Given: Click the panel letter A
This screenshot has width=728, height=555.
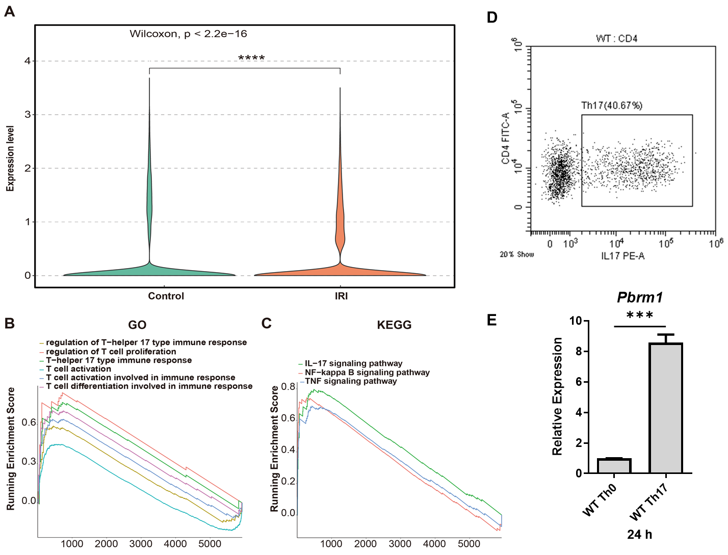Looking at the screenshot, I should click(9, 11).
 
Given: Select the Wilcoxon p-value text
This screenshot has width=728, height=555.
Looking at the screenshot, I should click(188, 34).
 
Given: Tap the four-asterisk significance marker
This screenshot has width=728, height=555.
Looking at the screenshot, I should click(251, 58).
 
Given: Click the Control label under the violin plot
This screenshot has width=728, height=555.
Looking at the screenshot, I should click(166, 296).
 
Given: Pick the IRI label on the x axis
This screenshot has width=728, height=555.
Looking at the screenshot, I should click(341, 296).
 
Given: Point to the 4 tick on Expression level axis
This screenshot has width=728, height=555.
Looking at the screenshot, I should click(28, 61).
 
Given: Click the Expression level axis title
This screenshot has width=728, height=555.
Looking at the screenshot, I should click(10, 158).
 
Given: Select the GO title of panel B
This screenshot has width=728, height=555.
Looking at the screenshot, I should click(137, 325).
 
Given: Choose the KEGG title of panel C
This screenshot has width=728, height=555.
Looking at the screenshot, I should click(394, 325).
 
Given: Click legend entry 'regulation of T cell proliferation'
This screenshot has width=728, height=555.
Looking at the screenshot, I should click(111, 352).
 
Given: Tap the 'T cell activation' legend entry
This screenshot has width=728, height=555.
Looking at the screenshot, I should click(79, 369).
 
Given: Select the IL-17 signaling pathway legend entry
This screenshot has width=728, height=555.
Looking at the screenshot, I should click(353, 364).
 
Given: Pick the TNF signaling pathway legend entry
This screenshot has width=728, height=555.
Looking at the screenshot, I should click(351, 381).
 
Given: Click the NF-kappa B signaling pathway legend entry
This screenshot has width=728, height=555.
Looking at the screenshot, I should click(367, 373).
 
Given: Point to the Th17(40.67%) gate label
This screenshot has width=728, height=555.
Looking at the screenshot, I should click(612, 106).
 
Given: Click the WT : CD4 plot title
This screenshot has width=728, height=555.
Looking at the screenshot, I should click(616, 39).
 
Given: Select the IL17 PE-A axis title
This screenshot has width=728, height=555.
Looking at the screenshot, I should click(622, 256).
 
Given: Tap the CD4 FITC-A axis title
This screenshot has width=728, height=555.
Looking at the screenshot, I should click(506, 139).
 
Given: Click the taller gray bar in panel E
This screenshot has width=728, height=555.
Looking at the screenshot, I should click(666, 408).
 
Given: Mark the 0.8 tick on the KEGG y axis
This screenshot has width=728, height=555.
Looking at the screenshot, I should click(288, 387).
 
